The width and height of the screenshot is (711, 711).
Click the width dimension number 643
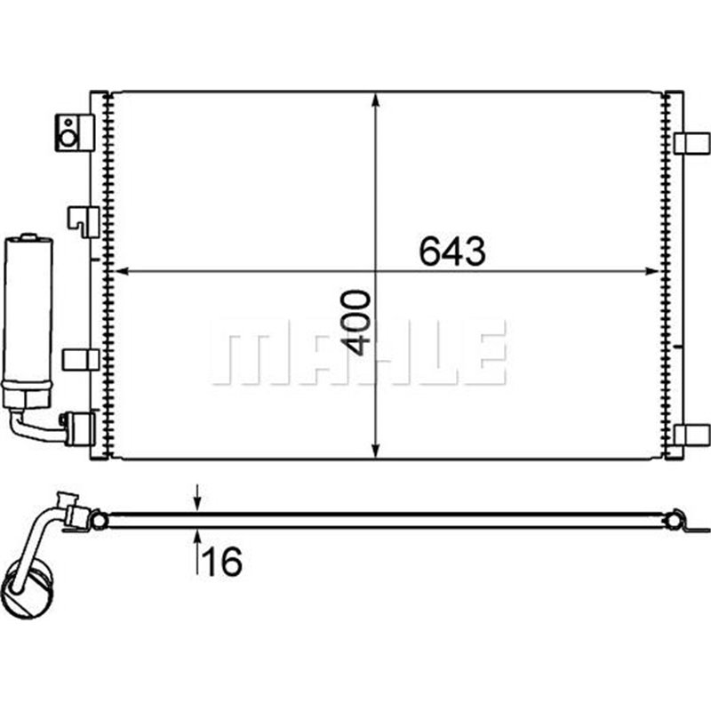tap(452, 252)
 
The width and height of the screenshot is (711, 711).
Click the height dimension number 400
tap(356, 321)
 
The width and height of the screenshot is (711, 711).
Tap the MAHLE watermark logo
tap(359, 353)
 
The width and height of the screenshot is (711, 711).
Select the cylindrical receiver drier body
tap(28, 311)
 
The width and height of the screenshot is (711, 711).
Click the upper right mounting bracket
tap(692, 142)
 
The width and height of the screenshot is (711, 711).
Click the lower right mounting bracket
tap(692, 435)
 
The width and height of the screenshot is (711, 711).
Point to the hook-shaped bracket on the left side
tap(84, 220)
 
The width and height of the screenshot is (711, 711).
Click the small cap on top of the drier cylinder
tap(29, 237)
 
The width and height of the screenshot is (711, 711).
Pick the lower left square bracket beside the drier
tap(81, 359)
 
